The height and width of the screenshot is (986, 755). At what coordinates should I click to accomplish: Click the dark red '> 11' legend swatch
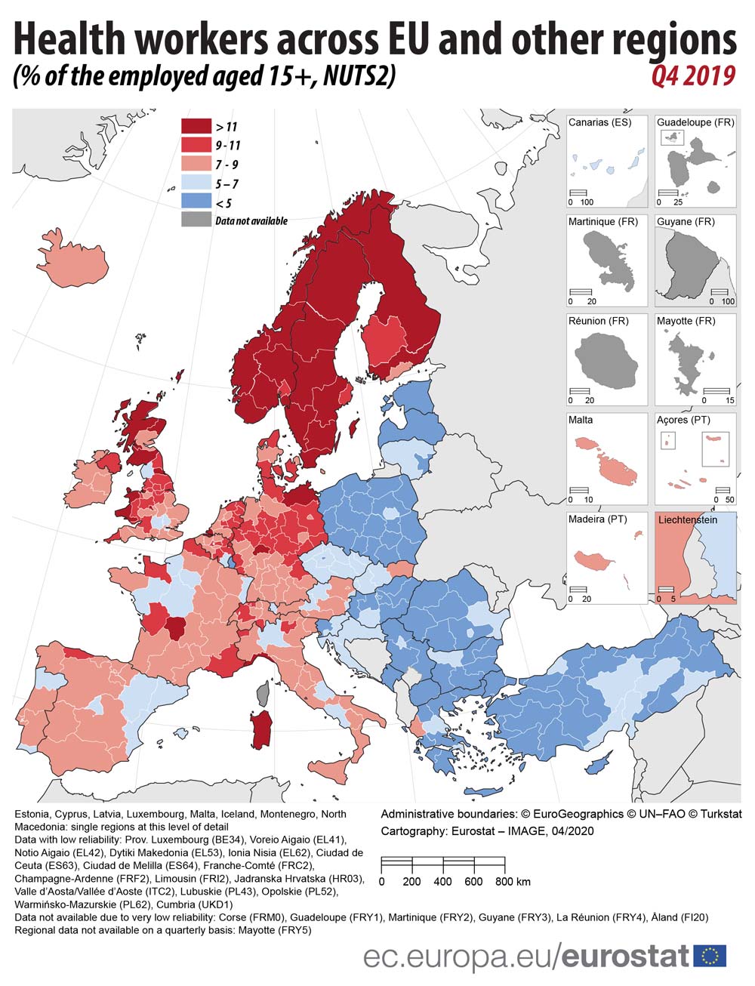196,126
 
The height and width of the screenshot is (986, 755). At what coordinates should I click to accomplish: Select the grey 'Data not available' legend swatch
196,220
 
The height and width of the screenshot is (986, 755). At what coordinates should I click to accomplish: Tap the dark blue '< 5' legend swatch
196,202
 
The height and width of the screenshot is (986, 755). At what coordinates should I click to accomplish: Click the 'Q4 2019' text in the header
692,76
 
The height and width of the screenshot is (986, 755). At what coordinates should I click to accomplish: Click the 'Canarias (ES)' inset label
599,122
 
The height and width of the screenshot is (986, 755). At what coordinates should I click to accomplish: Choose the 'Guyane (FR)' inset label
686,221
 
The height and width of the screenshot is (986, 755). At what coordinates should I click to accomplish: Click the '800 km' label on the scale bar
513,881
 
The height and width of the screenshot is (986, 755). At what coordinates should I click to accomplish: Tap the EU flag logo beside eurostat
710,956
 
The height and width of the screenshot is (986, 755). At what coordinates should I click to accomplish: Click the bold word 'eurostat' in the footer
626,956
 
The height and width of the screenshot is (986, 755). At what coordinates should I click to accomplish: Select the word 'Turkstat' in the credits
716,814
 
